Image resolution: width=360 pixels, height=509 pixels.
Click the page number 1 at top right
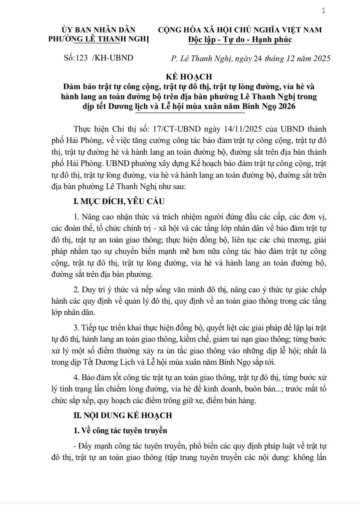coord(323,11)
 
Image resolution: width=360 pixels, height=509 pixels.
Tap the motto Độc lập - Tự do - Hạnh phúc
coord(240,40)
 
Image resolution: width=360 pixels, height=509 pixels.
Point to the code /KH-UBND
coord(112,58)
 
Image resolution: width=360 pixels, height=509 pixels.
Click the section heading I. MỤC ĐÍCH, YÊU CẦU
coord(119,201)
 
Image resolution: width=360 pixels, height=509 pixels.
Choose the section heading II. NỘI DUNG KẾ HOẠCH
coord(123,415)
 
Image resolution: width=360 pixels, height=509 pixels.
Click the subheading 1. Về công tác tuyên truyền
coord(120,430)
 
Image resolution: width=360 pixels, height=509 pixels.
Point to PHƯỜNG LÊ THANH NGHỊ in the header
coord(99,39)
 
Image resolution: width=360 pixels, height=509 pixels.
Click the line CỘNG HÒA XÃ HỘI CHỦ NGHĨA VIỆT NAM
coord(240,30)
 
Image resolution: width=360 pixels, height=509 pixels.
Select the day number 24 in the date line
coord(258,58)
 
